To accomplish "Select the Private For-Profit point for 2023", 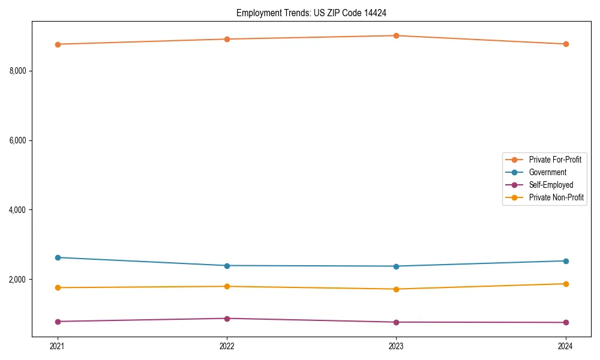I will (397, 35).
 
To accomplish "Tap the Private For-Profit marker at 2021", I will (58, 44).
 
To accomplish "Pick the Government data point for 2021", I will (58, 257).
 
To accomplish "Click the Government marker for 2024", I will (566, 261).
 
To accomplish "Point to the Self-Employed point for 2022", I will (227, 319).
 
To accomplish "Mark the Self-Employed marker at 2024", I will (566, 323).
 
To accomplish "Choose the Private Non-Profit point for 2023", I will (397, 289).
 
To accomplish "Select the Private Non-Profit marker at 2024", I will (566, 284).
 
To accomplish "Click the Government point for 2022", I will (227, 266).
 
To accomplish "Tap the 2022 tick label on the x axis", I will (227, 346).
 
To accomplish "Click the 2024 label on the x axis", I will (566, 346).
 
